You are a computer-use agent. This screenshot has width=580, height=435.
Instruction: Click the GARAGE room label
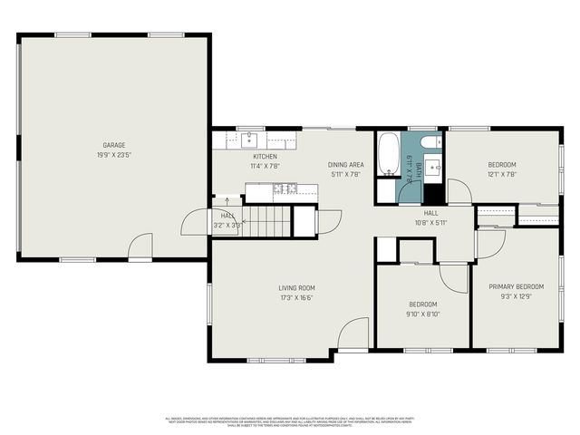[x=114, y=145]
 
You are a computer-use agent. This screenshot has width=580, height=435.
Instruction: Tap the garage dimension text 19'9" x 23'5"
[x=114, y=155]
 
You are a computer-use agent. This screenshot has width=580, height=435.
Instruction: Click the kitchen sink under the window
[x=248, y=140]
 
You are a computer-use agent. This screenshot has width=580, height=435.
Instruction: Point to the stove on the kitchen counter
[x=286, y=188]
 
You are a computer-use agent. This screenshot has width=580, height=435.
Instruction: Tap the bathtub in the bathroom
[x=388, y=154]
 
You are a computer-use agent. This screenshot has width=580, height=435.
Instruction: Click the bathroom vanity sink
[x=432, y=168]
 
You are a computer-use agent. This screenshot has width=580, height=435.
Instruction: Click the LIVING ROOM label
[x=296, y=288]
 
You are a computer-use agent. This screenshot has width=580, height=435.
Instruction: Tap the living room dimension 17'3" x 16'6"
[x=296, y=297]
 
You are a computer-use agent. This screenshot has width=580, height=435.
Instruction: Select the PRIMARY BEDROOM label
[x=517, y=286]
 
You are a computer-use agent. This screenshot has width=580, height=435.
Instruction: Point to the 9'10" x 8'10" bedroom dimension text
[x=423, y=314]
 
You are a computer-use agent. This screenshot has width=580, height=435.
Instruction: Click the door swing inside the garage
[x=140, y=246]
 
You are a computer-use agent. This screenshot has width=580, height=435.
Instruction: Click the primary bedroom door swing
[x=490, y=243]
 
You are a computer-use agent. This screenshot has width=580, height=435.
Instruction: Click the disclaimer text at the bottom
[x=290, y=421]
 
